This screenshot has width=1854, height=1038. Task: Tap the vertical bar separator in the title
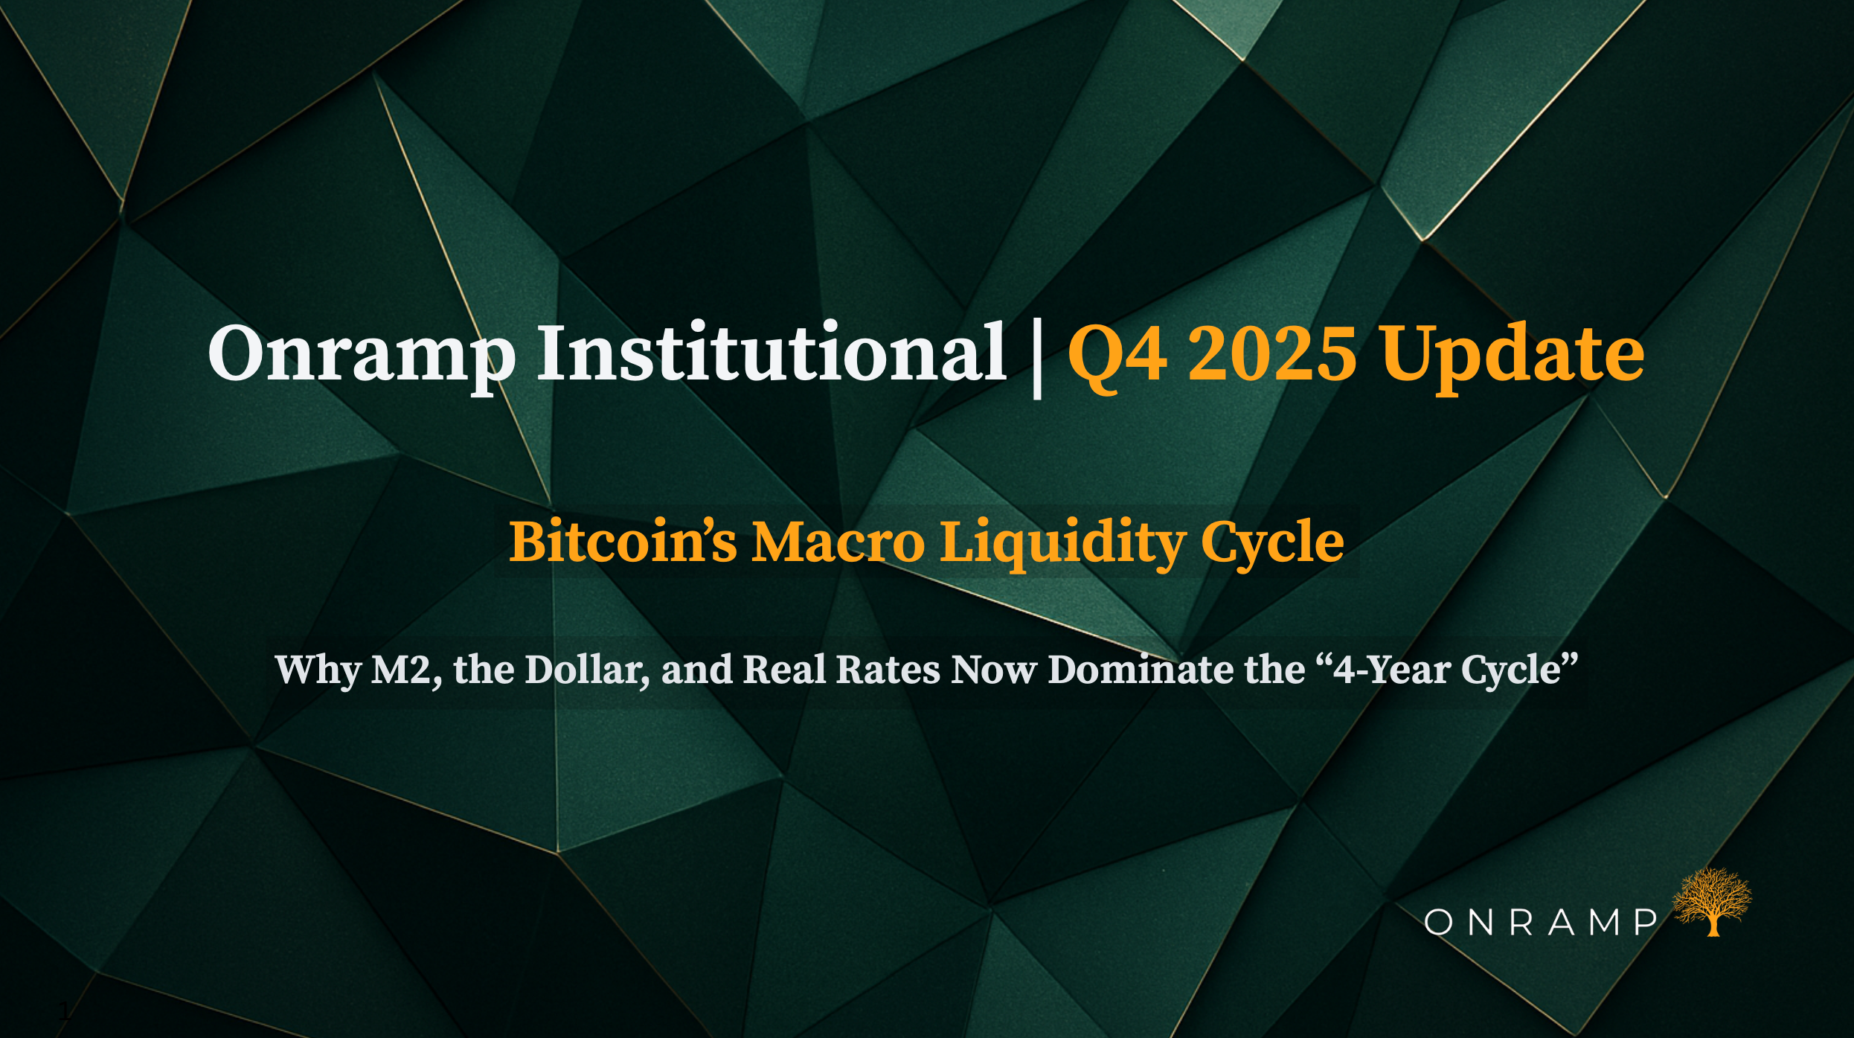[1037, 357]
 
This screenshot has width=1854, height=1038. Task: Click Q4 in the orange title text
[1117, 356]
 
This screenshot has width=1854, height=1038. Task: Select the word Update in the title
[1513, 356]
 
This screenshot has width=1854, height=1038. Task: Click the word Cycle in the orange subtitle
[1272, 543]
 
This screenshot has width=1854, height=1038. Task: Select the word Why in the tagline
[318, 670]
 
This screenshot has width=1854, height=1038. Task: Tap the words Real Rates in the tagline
[841, 669]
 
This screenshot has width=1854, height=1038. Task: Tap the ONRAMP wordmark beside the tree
[1540, 923]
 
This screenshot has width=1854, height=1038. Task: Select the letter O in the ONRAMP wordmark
[1439, 923]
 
